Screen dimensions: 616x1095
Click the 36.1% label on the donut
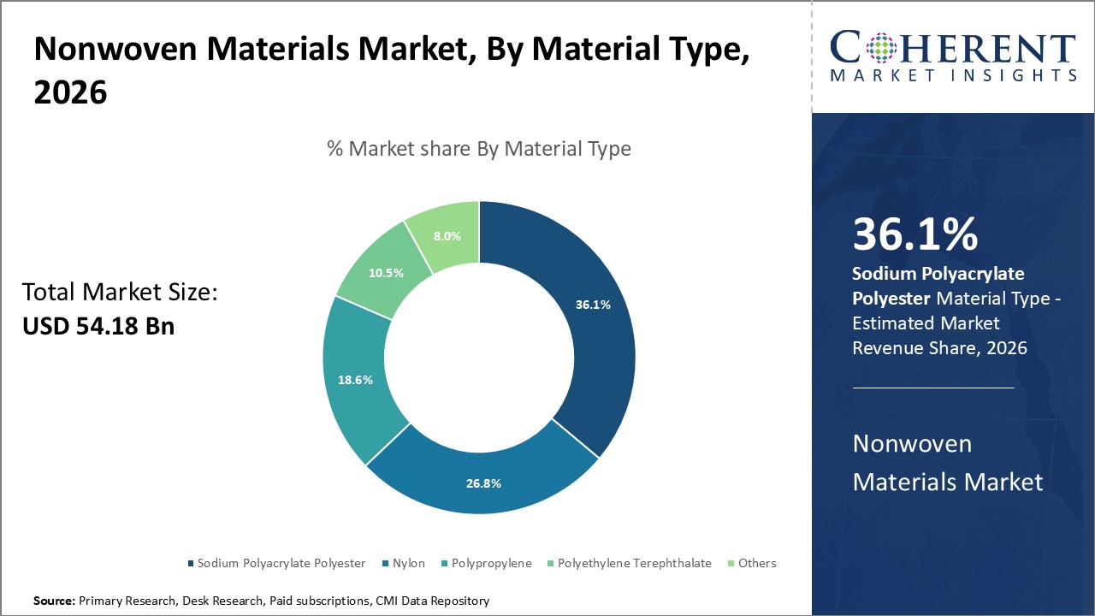(x=593, y=305)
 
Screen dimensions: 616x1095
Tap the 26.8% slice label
(x=483, y=483)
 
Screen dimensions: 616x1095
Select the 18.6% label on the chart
(x=355, y=380)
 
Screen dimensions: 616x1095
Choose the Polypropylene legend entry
(x=491, y=563)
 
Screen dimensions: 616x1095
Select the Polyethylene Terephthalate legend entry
(x=634, y=563)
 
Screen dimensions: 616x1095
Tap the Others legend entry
(x=757, y=563)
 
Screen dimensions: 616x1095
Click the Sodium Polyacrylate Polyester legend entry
(x=281, y=563)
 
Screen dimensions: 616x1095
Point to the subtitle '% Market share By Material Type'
(x=479, y=149)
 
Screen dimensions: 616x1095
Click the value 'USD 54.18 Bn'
(x=98, y=326)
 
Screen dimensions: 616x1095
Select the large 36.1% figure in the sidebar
(x=914, y=235)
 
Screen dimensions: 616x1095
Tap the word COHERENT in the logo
(x=953, y=48)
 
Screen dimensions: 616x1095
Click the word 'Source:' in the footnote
(x=54, y=601)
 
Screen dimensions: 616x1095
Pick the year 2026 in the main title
(x=70, y=92)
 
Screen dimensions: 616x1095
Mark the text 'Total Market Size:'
(x=120, y=293)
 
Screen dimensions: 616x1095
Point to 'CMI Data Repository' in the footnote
(x=433, y=601)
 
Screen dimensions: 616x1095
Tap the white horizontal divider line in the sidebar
(x=933, y=388)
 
